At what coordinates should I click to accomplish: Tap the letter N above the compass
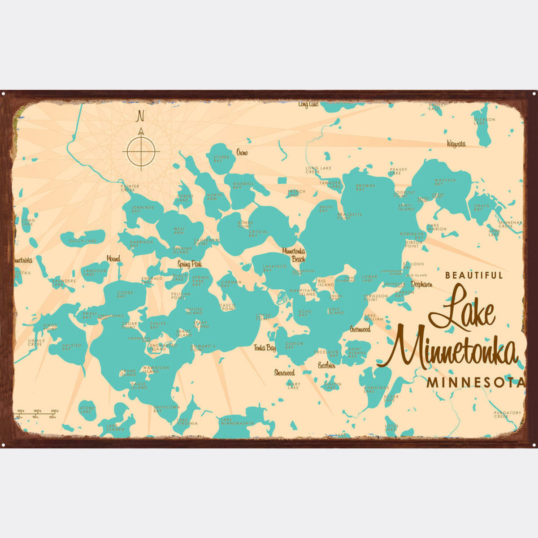pos(140,117)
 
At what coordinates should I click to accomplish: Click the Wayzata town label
pos(456,144)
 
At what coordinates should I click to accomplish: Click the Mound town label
pos(113,259)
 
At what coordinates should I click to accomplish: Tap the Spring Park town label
pos(190,265)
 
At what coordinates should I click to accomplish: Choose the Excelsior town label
pos(327,365)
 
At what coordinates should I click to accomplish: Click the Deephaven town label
pos(421,284)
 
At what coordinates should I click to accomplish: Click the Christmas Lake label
pos(376,389)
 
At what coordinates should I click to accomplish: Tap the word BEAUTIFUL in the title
pos(474,276)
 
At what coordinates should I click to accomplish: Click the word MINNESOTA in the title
pos(476,383)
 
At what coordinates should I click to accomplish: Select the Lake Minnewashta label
pos(237,422)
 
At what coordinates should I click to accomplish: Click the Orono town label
pos(242,153)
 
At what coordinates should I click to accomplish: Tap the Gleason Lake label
pos(484,121)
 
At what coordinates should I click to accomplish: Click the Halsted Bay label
pos(72,347)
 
